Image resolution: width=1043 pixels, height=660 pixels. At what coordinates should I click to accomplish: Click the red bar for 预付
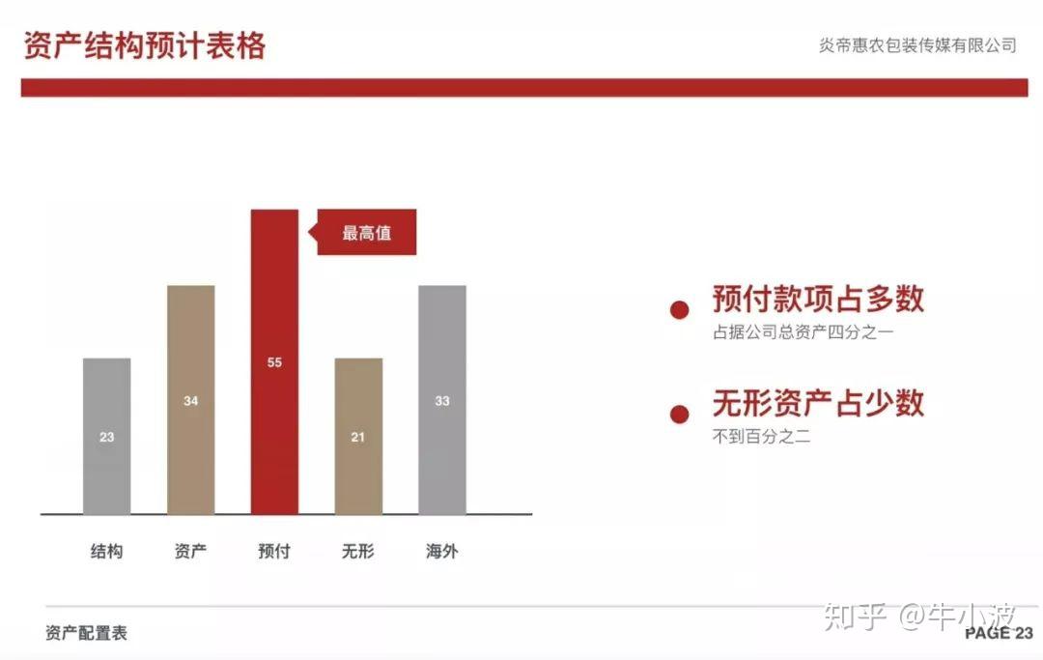[274, 362]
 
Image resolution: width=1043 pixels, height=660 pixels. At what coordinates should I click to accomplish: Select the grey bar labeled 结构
[107, 437]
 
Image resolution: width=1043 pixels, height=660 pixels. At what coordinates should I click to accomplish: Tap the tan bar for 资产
[191, 400]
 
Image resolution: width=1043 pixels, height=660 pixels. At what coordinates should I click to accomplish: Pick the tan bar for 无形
[358, 437]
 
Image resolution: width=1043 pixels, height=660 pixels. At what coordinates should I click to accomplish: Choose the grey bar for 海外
[442, 400]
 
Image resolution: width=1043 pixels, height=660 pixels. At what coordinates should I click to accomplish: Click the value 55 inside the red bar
[274, 362]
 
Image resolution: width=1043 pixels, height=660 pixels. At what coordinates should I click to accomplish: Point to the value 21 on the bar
[358, 437]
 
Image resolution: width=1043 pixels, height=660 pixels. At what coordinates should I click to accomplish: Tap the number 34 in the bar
[191, 401]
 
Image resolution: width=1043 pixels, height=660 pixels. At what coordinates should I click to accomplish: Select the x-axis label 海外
[442, 551]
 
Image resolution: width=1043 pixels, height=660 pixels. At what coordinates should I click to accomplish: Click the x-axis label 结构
[107, 551]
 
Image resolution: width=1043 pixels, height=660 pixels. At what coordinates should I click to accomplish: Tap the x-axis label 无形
[358, 551]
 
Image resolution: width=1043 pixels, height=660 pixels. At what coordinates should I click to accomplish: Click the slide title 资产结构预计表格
[145, 46]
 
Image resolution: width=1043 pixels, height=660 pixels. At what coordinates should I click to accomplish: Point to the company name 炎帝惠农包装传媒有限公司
[918, 45]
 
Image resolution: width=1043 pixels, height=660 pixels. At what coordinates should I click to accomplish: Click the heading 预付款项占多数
[818, 299]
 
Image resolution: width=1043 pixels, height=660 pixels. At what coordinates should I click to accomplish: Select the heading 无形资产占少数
[818, 403]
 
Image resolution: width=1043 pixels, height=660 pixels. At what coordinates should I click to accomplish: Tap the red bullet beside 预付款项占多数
[679, 309]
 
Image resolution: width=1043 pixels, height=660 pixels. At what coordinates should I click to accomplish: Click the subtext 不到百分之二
[762, 437]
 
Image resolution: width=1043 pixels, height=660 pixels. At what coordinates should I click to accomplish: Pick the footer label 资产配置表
[87, 633]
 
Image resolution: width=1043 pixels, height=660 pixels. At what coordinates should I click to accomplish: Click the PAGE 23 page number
[1000, 633]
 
